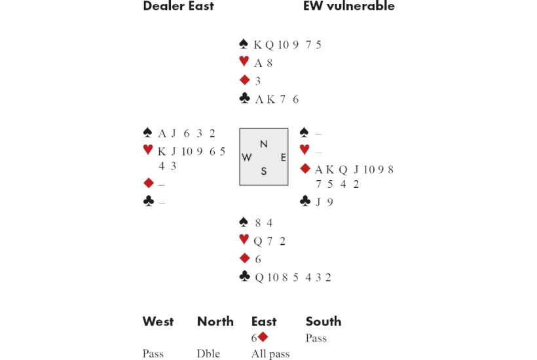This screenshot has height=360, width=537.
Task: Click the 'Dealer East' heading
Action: pos(178,7)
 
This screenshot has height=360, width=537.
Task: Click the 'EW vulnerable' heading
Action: pos(349,7)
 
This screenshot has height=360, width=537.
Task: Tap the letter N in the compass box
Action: pos(263,144)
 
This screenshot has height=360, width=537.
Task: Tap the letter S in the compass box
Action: pos(263,171)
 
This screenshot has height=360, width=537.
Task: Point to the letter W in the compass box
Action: pos(247,157)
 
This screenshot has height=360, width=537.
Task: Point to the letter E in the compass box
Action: pos(283,157)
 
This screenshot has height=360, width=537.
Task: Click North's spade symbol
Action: pos(244,45)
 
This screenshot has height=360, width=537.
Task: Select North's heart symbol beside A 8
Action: pos(244,62)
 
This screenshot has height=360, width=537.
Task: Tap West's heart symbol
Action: pos(148,151)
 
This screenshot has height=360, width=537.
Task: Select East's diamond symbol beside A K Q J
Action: pos(305,169)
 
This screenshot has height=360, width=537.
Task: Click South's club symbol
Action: pos(244,277)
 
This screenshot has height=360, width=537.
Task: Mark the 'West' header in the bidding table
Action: pos(158,321)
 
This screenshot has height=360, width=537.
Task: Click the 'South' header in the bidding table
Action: pos(323,321)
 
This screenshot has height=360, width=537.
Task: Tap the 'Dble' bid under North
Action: pos(208,354)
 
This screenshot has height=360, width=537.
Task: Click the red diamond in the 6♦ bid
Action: pos(263,338)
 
